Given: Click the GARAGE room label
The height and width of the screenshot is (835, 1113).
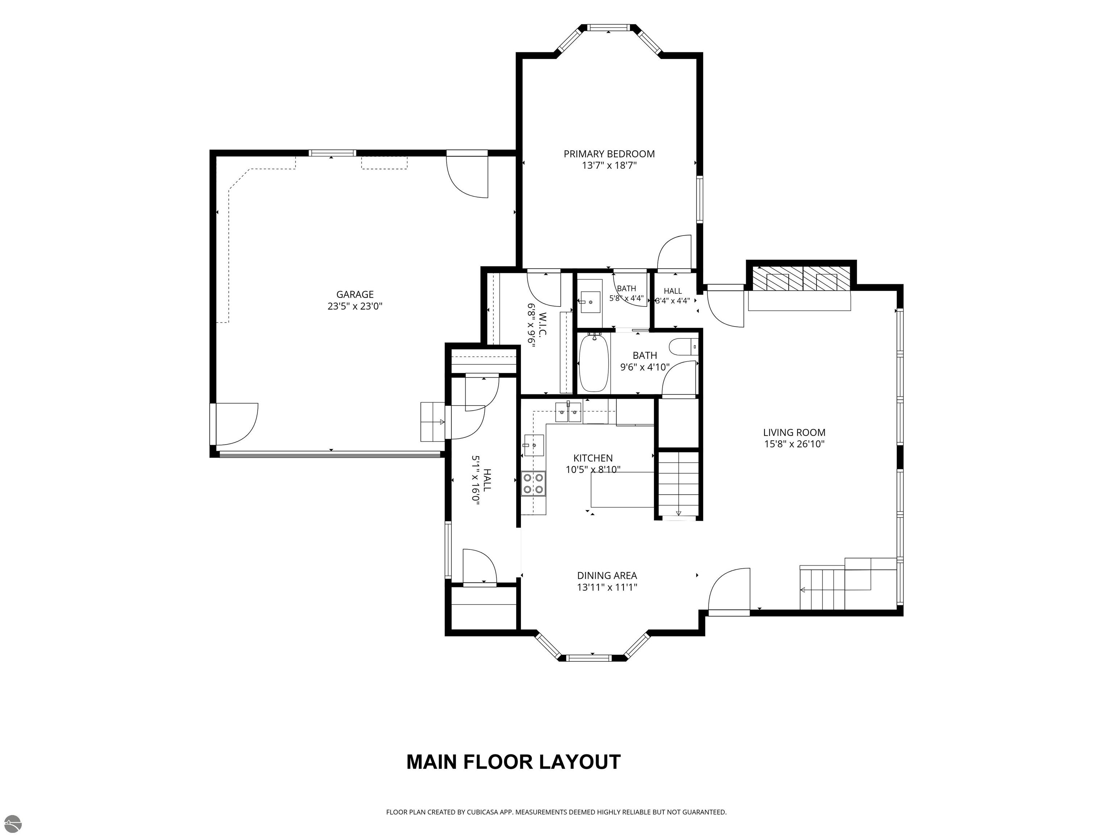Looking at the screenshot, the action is pyautogui.click(x=355, y=294).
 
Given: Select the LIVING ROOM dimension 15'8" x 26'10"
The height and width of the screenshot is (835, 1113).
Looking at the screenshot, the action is pyautogui.click(x=794, y=444).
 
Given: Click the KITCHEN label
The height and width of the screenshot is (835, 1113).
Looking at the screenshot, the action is pyautogui.click(x=593, y=458).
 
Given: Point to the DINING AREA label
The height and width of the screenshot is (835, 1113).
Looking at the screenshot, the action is pyautogui.click(x=607, y=575).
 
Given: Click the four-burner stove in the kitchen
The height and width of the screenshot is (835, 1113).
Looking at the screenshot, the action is pyautogui.click(x=533, y=483).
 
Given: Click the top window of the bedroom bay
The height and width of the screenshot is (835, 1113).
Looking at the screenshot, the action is pyautogui.click(x=609, y=28).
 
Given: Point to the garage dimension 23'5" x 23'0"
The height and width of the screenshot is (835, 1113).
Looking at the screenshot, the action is pyautogui.click(x=355, y=306).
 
